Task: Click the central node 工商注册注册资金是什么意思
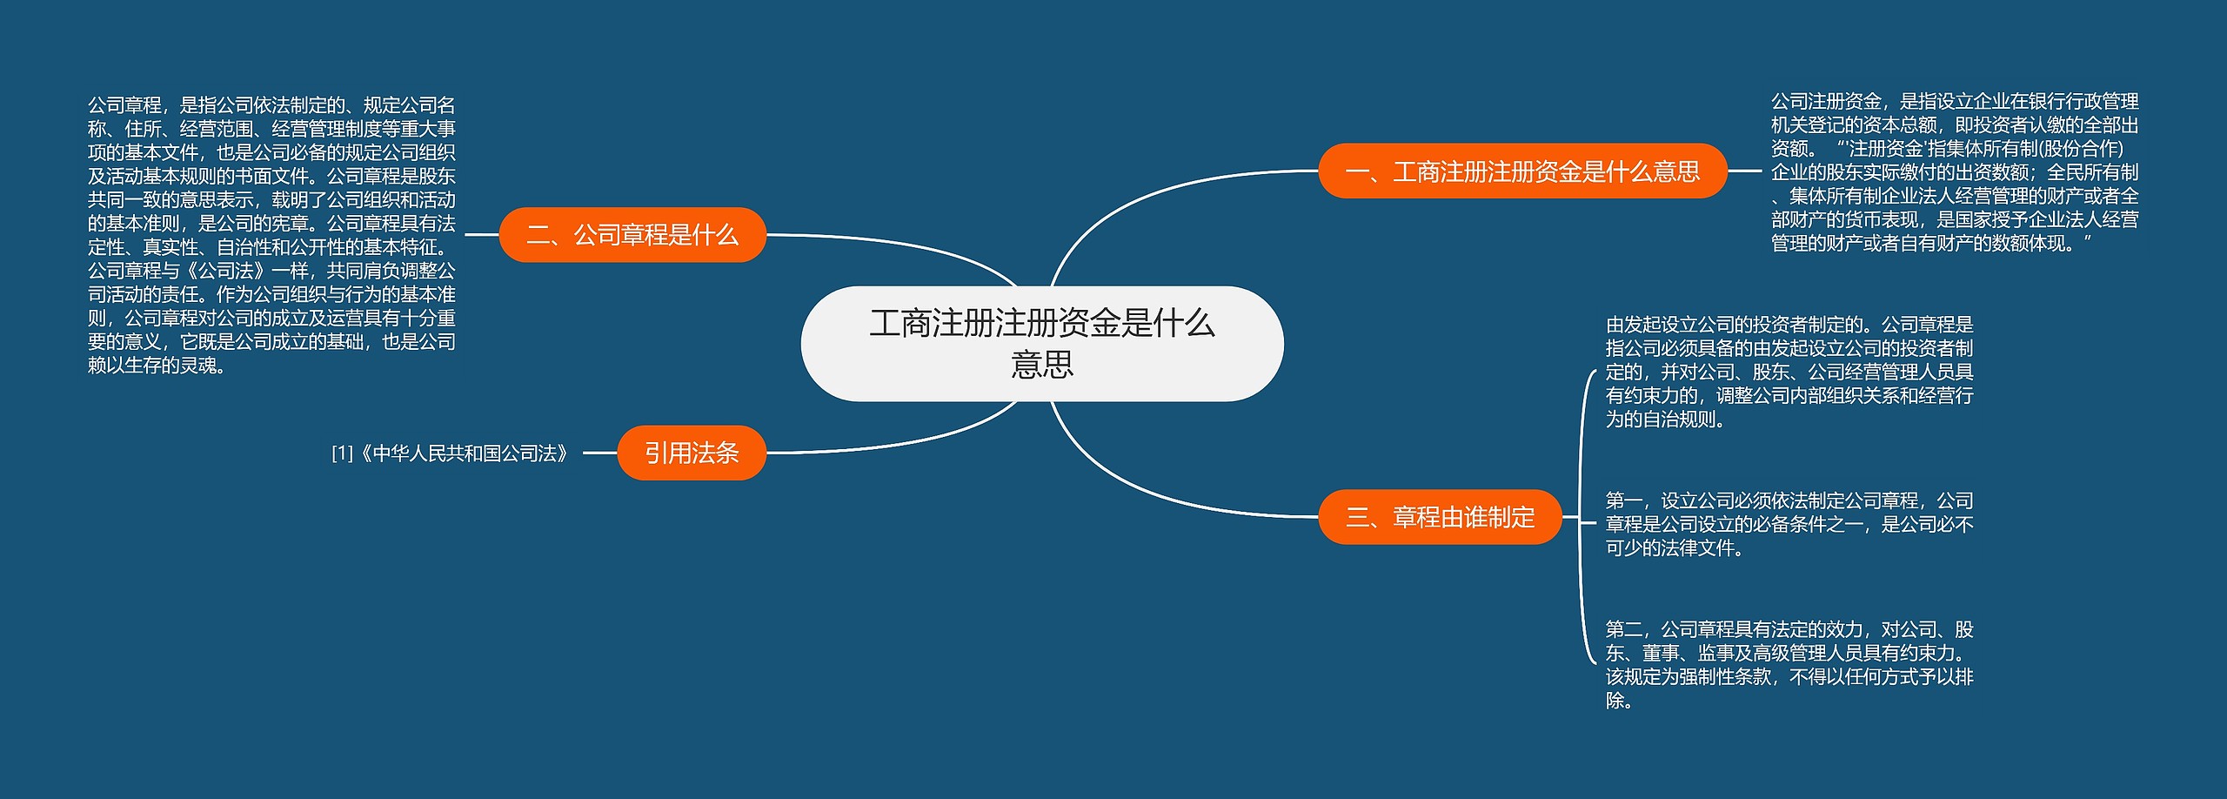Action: click(x=1041, y=343)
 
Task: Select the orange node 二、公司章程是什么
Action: click(x=632, y=235)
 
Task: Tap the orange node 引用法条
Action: click(x=692, y=453)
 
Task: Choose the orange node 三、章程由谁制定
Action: click(x=1440, y=517)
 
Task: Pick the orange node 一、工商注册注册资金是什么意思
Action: click(x=1522, y=171)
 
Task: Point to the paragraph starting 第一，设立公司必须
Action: click(x=1789, y=524)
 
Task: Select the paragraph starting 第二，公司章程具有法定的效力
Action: click(x=1789, y=664)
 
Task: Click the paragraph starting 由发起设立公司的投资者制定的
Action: click(x=1789, y=372)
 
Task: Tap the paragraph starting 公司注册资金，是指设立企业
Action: click(x=1954, y=172)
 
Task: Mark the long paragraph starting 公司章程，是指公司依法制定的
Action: click(x=271, y=235)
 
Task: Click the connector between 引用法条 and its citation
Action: click(x=599, y=453)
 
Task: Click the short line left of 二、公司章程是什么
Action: click(x=482, y=235)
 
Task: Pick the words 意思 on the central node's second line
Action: click(x=1041, y=364)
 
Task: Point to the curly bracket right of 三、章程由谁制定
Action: click(x=1581, y=517)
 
